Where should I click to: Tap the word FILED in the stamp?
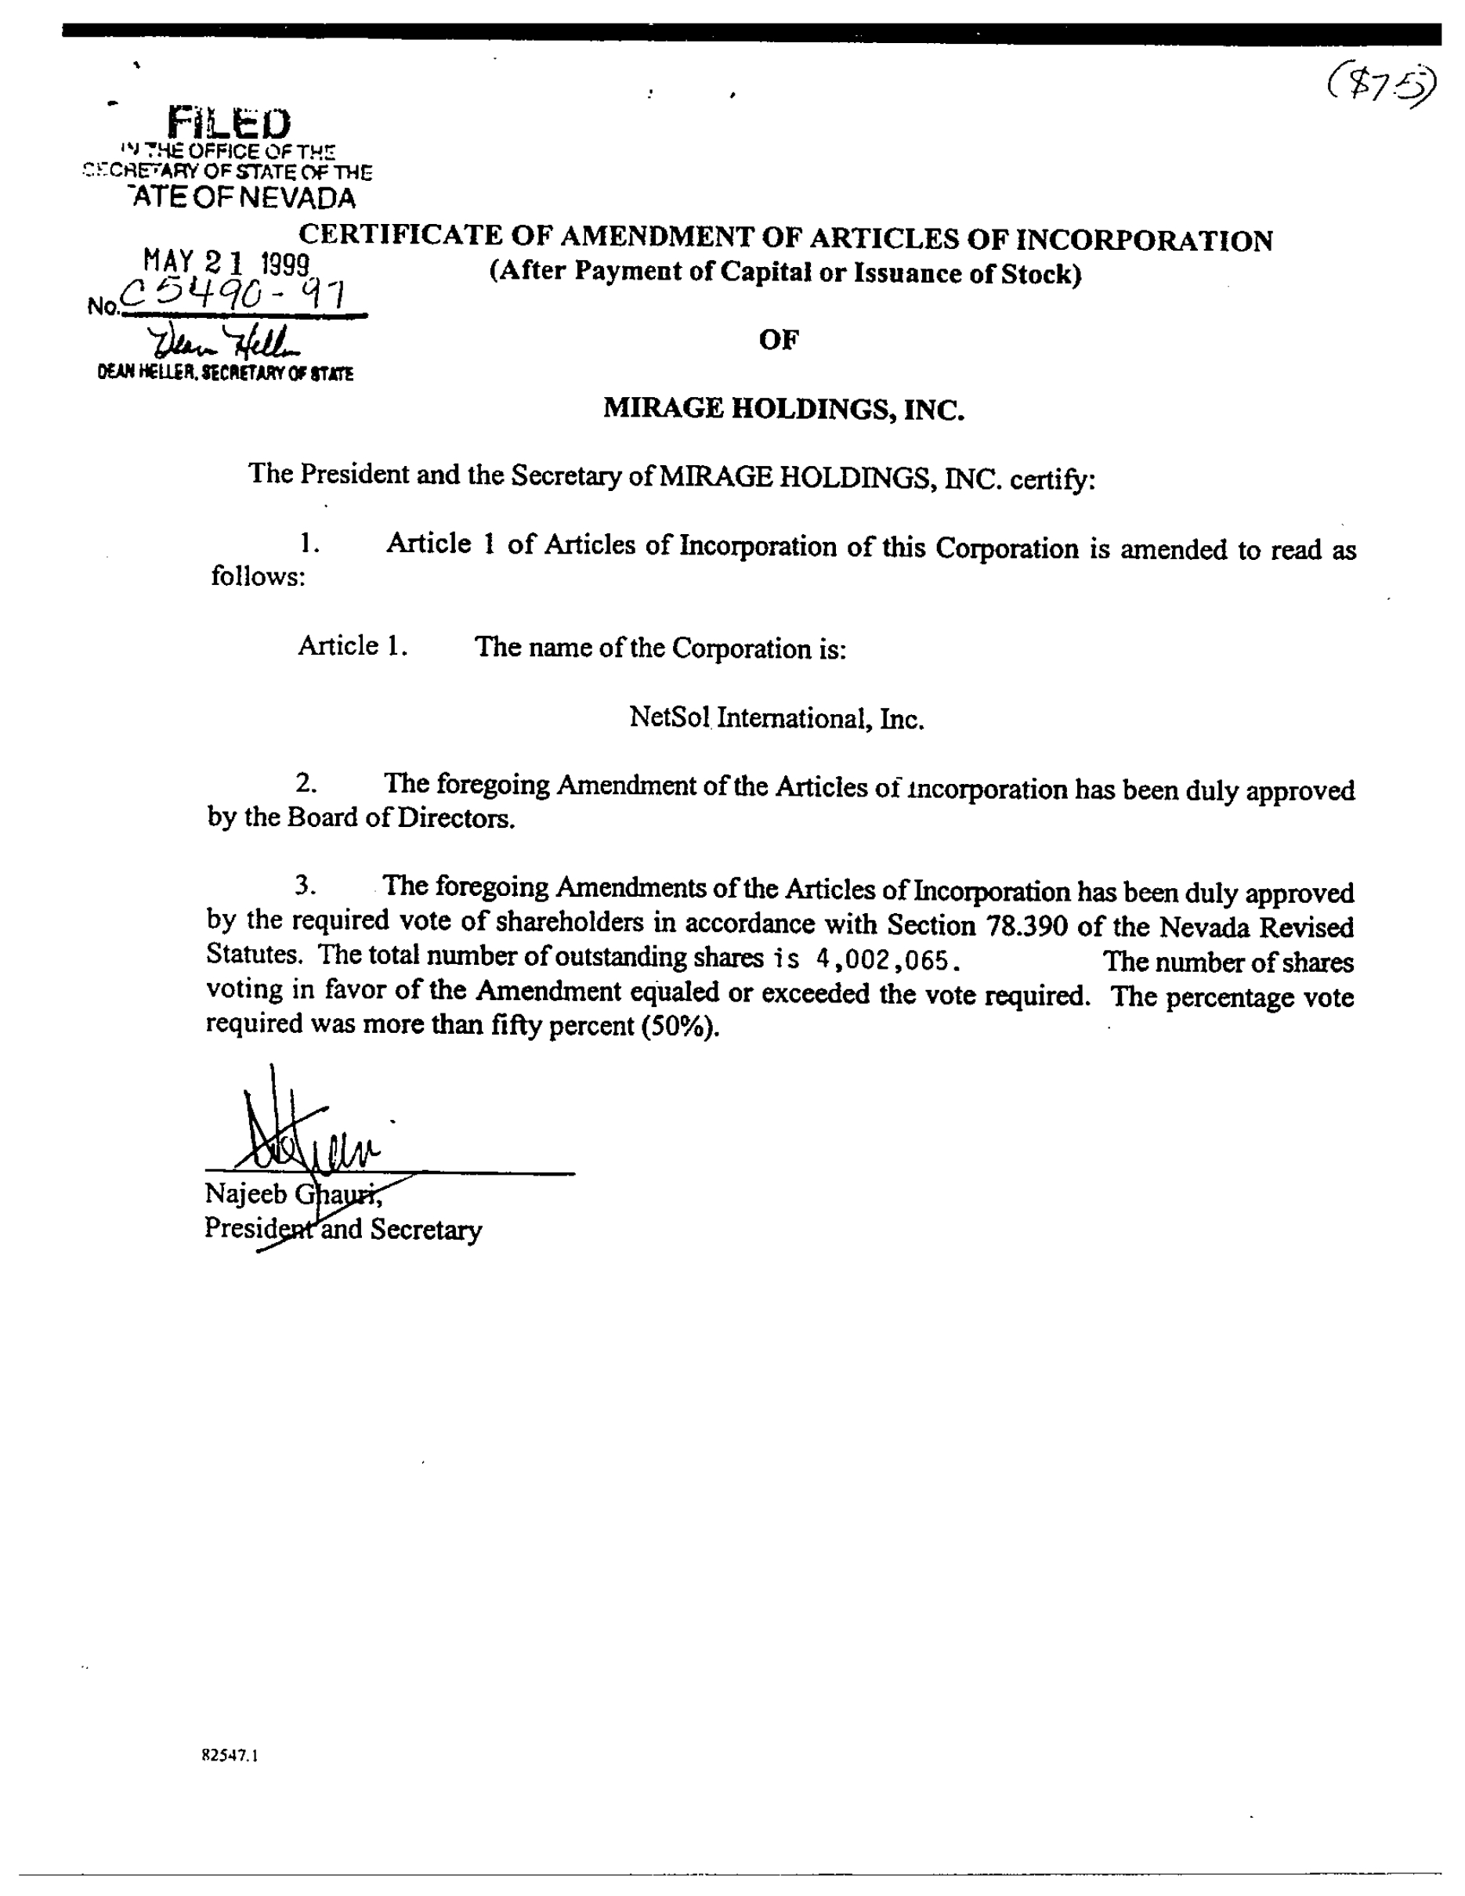click(x=230, y=123)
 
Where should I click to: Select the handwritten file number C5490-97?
click(x=233, y=296)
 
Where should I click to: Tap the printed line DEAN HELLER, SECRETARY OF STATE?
click(x=225, y=374)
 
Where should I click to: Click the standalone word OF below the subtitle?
click(x=778, y=339)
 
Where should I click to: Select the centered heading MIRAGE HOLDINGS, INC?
click(x=783, y=408)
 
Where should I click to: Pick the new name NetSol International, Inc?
click(x=776, y=718)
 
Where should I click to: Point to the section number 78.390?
click(x=1026, y=926)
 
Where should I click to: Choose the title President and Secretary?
click(x=343, y=1230)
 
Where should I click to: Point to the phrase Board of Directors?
click(x=400, y=818)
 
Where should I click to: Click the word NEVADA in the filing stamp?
click(x=298, y=198)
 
